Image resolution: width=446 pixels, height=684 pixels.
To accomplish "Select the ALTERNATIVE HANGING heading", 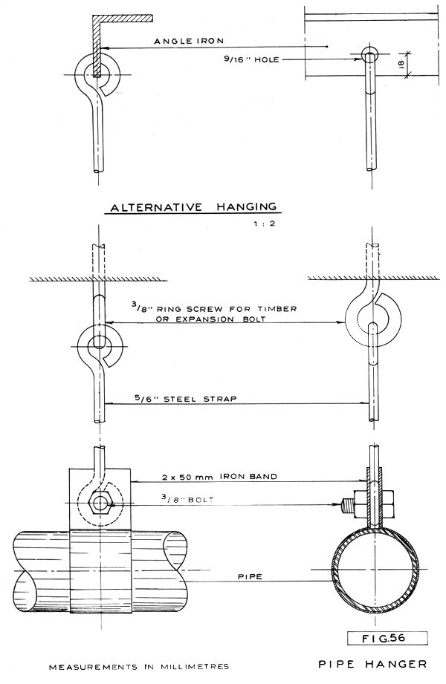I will [193, 207].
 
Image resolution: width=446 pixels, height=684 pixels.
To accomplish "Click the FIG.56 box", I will [379, 637].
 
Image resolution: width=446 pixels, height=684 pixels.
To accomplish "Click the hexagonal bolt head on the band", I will [100, 503].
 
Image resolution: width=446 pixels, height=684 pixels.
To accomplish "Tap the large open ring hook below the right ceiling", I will [369, 316].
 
